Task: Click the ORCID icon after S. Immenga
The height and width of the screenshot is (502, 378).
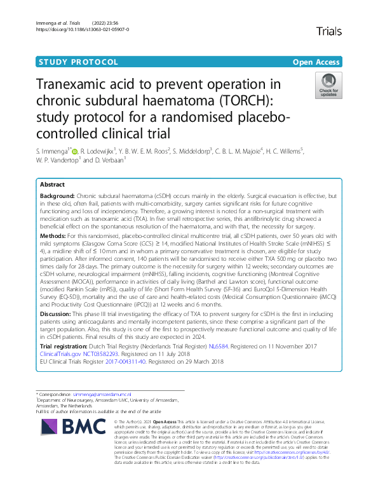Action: [x=74, y=152]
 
